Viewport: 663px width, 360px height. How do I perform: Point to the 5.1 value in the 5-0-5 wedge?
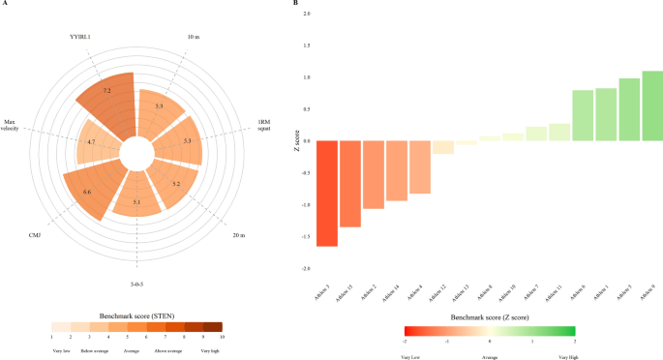(x=136, y=201)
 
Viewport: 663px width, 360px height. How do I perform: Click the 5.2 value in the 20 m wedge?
(x=175, y=183)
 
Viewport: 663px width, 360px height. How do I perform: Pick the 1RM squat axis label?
(x=264, y=127)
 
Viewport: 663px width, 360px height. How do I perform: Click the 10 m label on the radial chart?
(x=193, y=38)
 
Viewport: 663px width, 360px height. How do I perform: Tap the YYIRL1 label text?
(x=78, y=39)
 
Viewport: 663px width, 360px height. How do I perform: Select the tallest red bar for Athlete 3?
(x=327, y=194)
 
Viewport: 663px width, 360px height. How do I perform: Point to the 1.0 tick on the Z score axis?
(x=307, y=77)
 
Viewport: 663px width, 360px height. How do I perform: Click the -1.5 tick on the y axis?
(x=306, y=237)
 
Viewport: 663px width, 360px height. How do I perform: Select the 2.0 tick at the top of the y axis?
(x=307, y=15)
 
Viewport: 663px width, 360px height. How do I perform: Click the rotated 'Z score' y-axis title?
(x=296, y=141)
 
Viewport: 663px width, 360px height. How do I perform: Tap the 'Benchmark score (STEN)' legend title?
(x=136, y=316)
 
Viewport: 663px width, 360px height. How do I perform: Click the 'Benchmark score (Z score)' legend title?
(x=489, y=316)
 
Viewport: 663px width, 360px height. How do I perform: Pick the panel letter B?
(x=295, y=4)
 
